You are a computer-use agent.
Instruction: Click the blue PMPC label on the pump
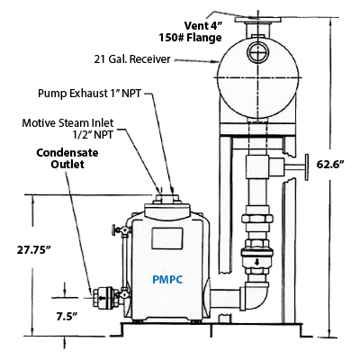coord(167,280)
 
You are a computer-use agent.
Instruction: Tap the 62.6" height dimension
coord(330,165)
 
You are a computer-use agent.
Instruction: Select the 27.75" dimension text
coord(34,249)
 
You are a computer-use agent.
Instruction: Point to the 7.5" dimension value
coord(67,316)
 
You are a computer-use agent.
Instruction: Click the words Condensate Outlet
coord(67,158)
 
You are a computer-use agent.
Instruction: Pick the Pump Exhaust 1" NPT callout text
coord(89,94)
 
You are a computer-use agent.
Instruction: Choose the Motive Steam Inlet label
coord(67,129)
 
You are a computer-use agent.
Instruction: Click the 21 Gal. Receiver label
coord(132,59)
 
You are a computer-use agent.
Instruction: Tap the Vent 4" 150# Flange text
coord(191,31)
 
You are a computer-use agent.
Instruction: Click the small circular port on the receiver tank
coord(257,51)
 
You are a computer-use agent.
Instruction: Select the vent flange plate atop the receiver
coord(258,20)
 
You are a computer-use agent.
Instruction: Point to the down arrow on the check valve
coord(256,262)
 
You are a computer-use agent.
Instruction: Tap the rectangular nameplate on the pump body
coord(166,238)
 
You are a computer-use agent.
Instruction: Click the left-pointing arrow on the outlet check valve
coord(103,298)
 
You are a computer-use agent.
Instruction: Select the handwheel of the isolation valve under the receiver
coord(306,167)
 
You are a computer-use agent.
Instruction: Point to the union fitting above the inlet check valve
coord(257,218)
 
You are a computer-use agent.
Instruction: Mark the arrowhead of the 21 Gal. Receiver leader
coord(217,62)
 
